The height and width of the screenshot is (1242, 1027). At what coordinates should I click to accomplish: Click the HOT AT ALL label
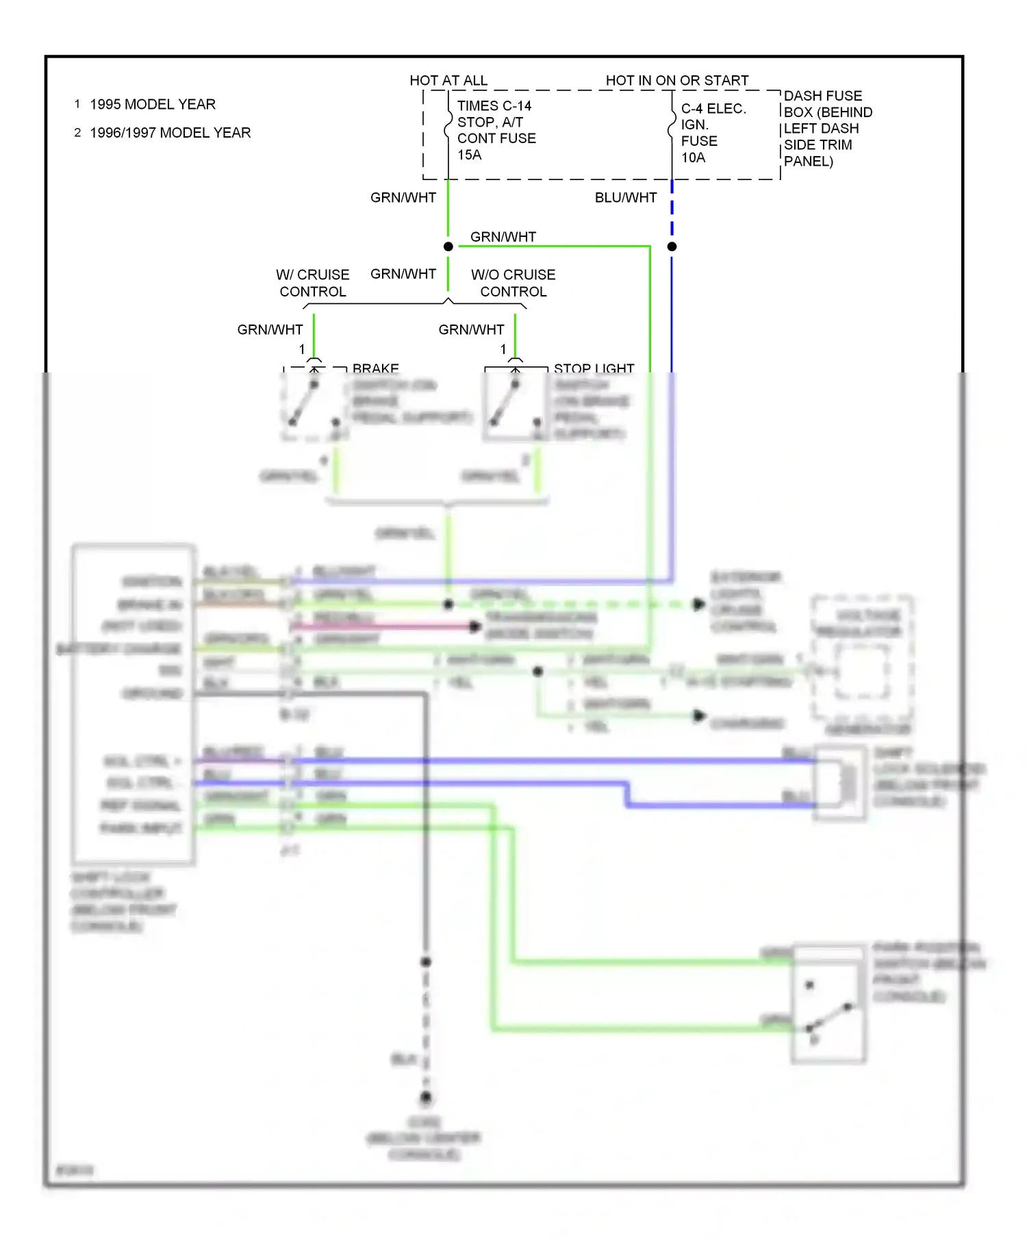448,81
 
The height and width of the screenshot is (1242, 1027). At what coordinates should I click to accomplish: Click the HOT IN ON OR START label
676,81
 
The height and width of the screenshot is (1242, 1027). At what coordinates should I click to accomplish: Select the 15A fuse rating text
470,155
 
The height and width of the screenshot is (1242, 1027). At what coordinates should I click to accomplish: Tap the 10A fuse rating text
693,158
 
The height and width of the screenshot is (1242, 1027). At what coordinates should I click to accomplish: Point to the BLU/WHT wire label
625,198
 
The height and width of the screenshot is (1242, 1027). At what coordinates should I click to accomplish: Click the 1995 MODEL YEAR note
152,105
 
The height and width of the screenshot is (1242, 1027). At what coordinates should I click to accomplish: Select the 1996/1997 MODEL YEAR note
170,133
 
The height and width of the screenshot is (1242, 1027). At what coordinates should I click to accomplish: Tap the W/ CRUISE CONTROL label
313,283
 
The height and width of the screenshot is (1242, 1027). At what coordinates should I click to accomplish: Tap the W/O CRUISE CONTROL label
513,283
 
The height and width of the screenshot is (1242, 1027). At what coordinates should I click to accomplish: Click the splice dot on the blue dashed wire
672,246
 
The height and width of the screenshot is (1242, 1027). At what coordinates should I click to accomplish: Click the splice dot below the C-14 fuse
448,246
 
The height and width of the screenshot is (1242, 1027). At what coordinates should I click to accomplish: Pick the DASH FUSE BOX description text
827,129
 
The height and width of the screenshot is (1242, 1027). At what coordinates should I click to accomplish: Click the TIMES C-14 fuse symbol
448,127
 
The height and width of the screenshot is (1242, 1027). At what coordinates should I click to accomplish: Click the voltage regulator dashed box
862,660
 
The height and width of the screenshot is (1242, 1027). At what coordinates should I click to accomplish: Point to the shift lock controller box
134,704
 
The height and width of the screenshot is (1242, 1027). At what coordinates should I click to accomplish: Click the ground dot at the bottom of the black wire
426,1098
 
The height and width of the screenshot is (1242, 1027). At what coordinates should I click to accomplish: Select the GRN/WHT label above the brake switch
270,330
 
